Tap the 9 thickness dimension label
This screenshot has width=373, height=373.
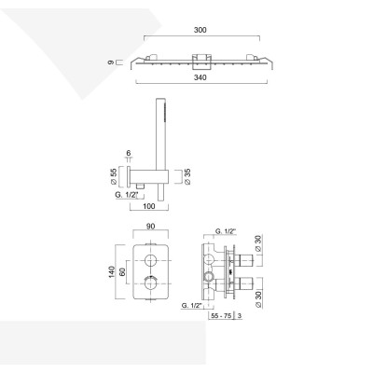[x=111, y=62]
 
